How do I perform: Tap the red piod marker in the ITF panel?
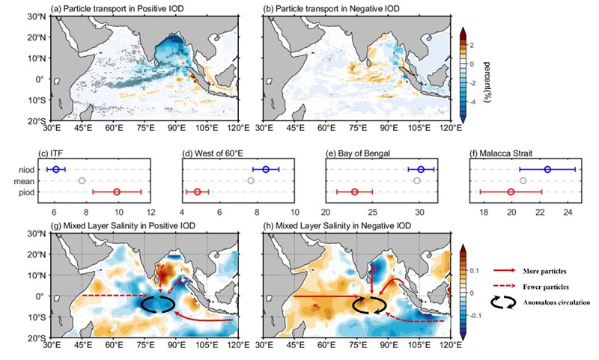coord(117,192)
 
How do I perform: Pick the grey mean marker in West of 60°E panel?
coord(251,181)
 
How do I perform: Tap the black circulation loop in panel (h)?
coord(370,303)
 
